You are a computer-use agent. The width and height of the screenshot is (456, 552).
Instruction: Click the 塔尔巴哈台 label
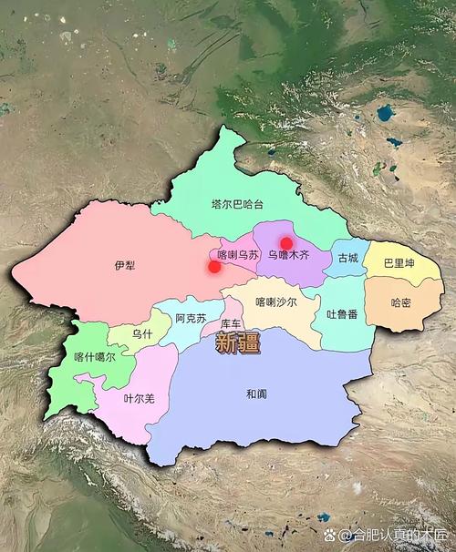[x=236, y=204]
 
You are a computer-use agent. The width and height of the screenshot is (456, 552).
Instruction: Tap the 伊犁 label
[x=124, y=265]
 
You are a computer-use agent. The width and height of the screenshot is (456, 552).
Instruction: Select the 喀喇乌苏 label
[x=238, y=256]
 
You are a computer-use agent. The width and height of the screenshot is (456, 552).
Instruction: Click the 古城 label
[x=347, y=258]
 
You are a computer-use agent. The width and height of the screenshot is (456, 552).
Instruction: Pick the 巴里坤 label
[x=399, y=263]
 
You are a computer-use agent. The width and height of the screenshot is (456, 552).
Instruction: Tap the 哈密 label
[x=400, y=302]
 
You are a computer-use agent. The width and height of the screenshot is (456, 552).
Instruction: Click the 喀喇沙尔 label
[x=275, y=302]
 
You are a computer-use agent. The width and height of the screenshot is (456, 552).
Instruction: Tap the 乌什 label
[x=141, y=335]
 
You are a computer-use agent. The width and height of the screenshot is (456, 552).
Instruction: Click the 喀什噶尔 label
[x=95, y=358]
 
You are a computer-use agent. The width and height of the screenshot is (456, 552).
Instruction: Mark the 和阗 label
[x=256, y=394]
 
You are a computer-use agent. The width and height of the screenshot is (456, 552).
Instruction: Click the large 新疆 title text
[x=237, y=343]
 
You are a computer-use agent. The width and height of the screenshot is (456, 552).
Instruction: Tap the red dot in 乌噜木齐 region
[x=286, y=243]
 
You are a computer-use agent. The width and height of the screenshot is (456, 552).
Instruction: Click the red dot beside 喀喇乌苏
[x=214, y=267]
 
